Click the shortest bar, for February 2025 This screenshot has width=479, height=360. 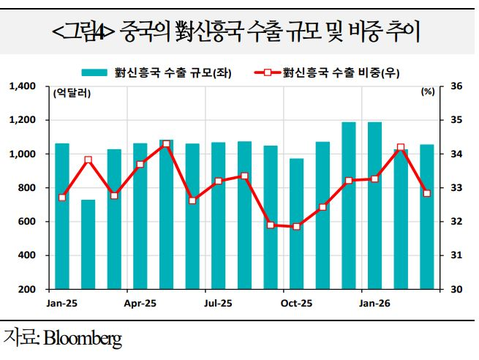88,244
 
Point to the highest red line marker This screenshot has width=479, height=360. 167,144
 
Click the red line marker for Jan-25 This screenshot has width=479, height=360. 62,198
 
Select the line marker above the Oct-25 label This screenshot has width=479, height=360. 297,227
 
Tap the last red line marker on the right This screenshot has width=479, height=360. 427,193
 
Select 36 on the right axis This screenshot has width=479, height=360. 457,86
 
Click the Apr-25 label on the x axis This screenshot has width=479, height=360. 141,303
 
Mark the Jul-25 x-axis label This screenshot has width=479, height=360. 219,303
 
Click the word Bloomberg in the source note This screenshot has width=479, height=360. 83,338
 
